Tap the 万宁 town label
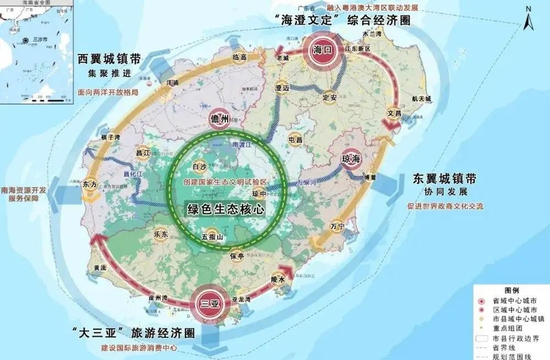pos(336,226)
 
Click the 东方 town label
pos(90,185)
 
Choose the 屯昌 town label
pos(295,140)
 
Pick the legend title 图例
pos(512,290)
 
